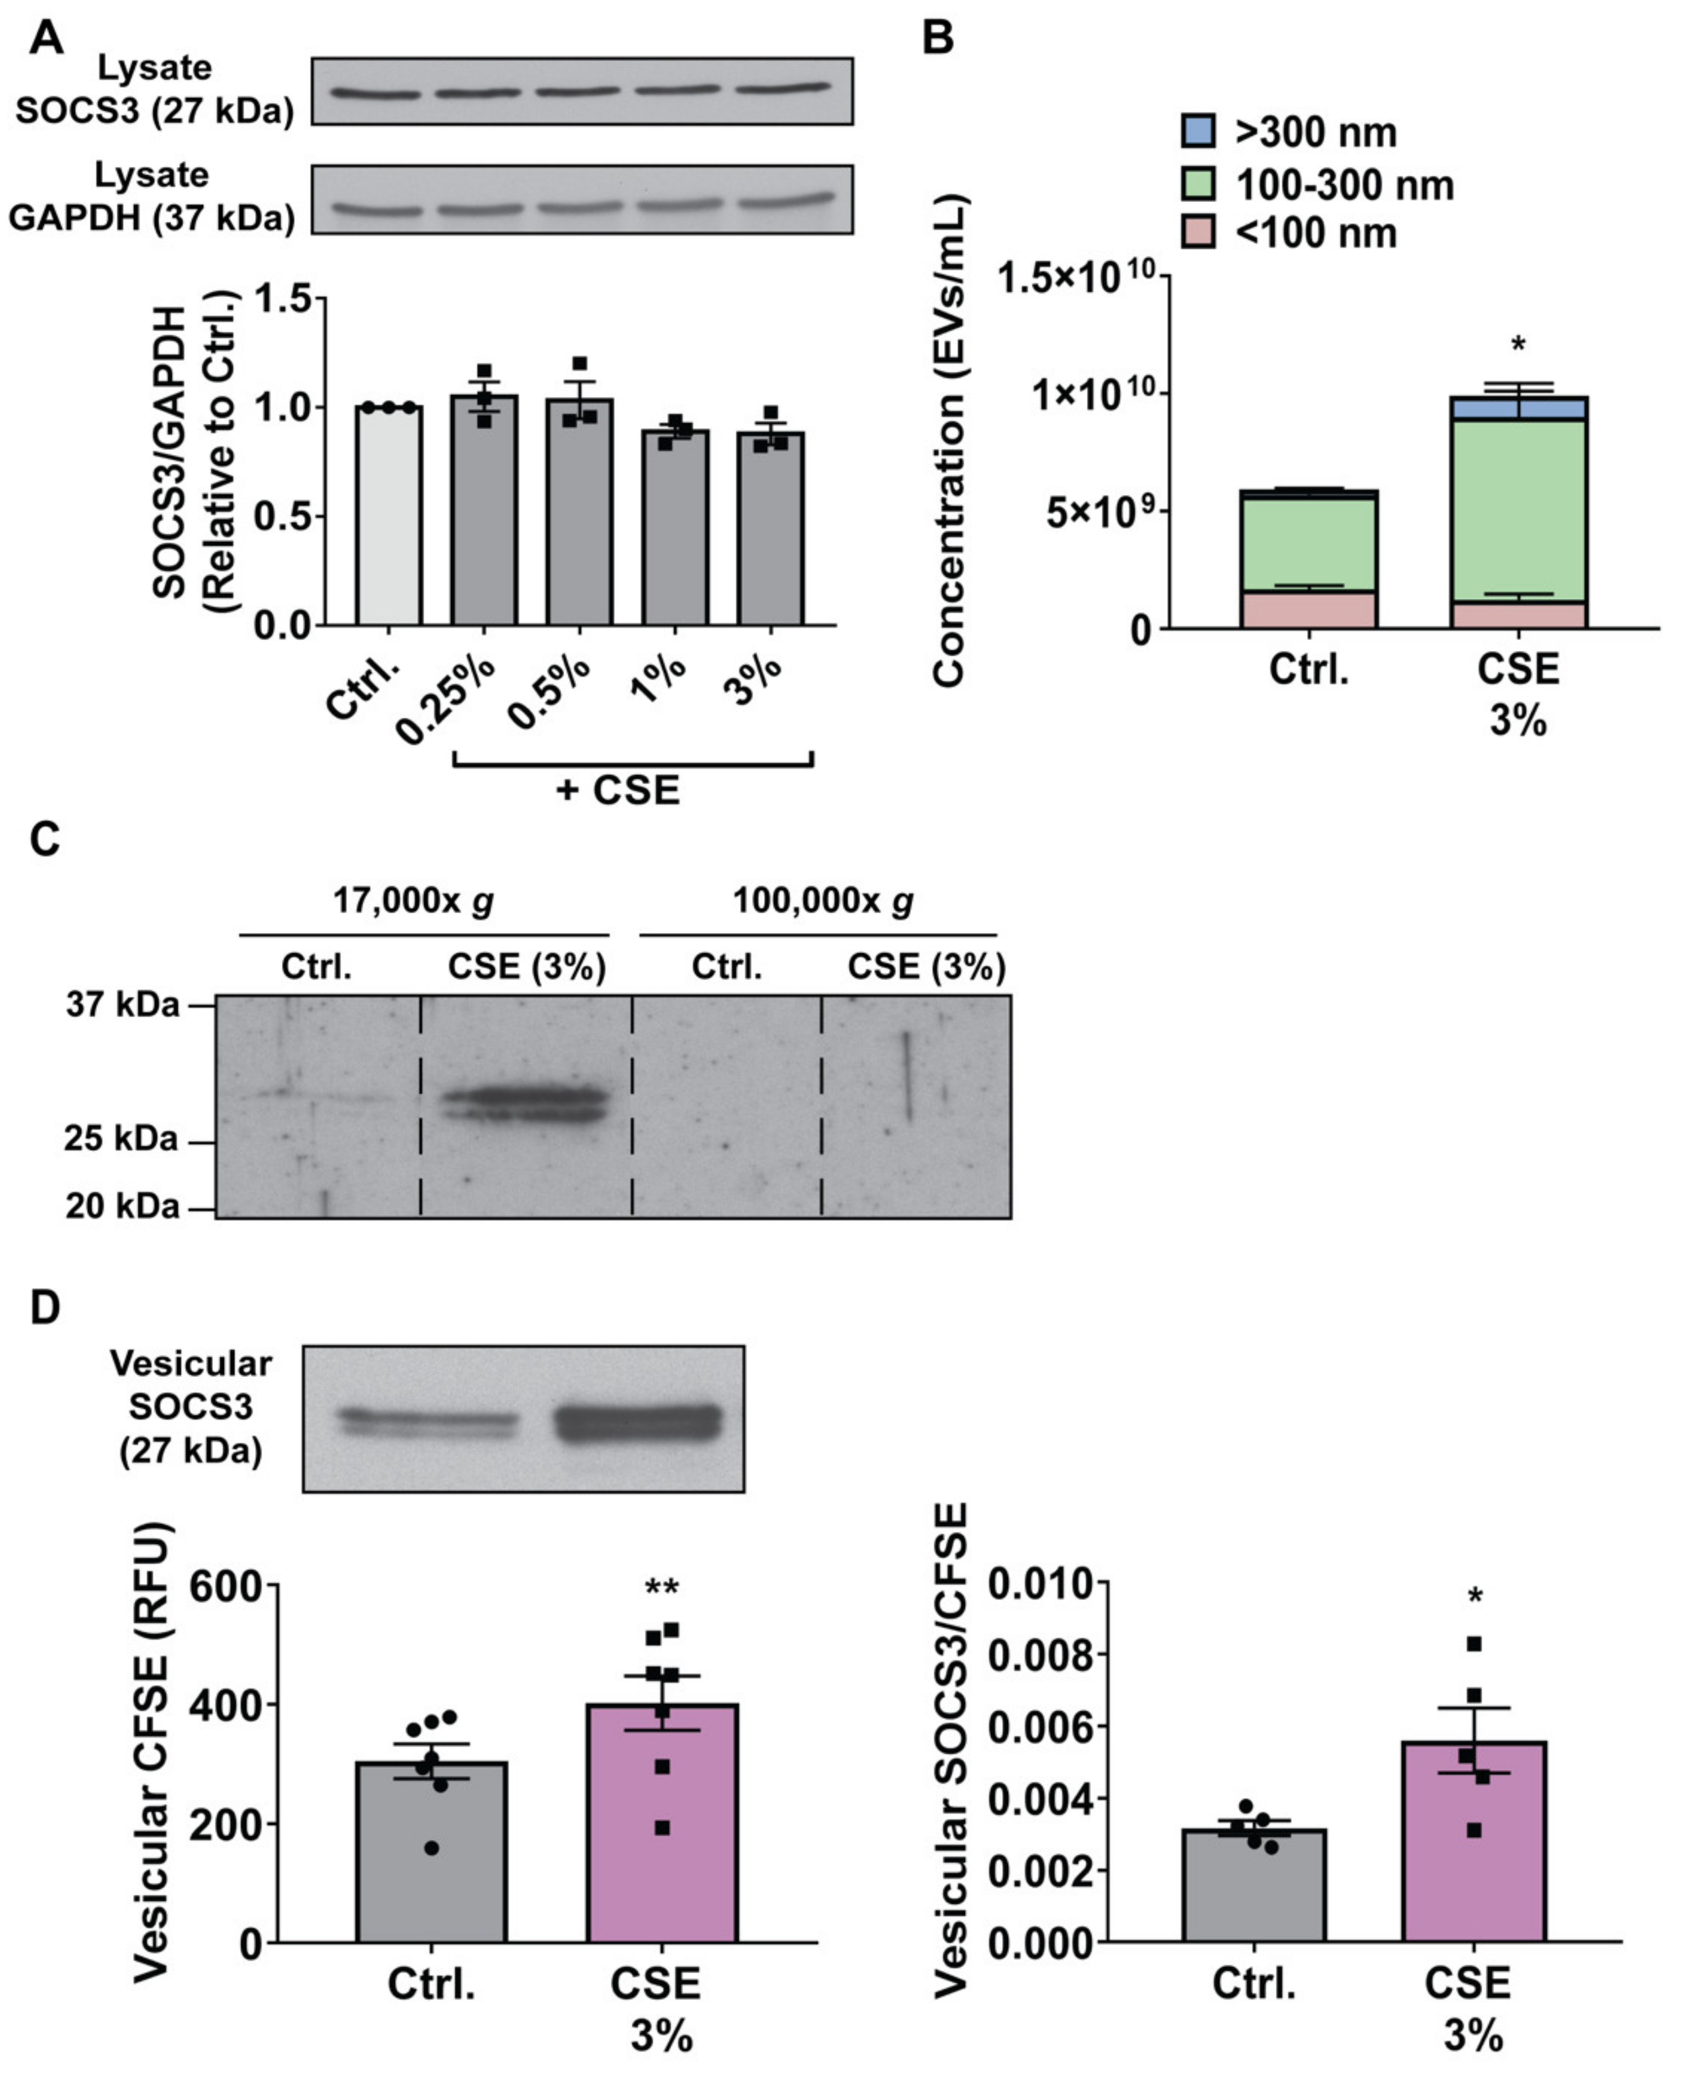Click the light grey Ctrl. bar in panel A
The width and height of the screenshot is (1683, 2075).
click(x=388, y=523)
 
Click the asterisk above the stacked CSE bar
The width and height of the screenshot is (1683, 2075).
click(x=1518, y=345)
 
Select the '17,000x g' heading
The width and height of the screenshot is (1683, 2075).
click(x=414, y=902)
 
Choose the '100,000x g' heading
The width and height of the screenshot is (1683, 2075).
click(x=822, y=902)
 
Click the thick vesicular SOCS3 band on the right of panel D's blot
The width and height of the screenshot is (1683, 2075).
click(x=638, y=1423)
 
